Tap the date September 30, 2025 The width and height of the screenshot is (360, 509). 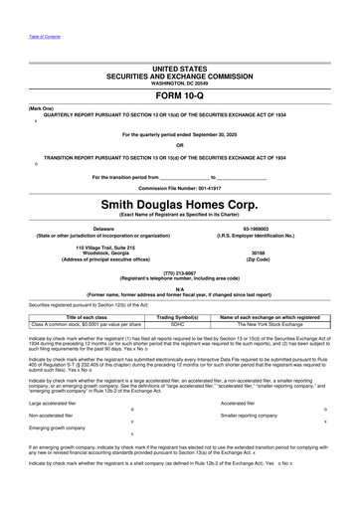coord(237,132)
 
